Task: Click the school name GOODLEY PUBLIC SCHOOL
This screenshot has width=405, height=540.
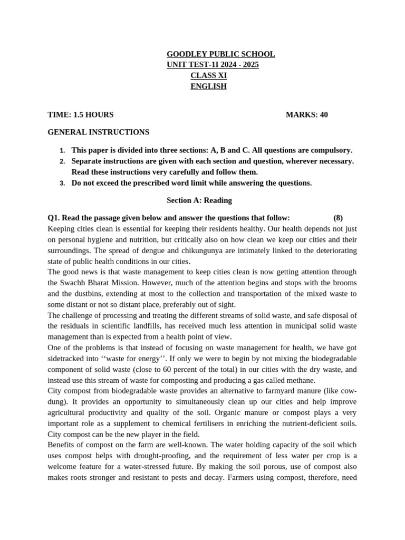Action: (220, 54)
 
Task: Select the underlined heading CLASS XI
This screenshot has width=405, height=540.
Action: (208, 75)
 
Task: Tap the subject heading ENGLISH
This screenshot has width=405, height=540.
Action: (208, 86)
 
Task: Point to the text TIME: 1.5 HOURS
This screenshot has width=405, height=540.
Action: (80, 114)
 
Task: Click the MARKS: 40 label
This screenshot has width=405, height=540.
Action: (306, 114)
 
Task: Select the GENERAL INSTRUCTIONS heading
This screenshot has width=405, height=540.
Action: (98, 132)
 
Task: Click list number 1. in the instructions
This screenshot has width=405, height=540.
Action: (62, 150)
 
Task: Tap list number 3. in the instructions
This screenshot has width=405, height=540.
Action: (62, 184)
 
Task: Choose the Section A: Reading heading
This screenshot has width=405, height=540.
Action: (199, 200)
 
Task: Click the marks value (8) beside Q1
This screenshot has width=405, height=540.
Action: (338, 218)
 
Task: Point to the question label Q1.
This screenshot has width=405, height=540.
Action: (54, 218)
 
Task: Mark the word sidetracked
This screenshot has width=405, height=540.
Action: (67, 359)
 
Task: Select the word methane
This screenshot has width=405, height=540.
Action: (299, 380)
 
